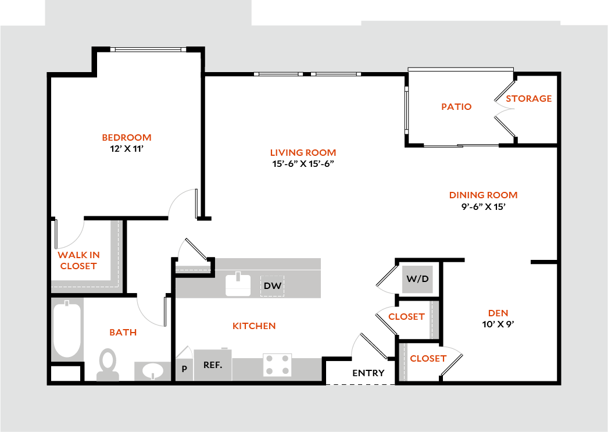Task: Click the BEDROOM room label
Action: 126,138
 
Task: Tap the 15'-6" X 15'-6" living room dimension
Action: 303,164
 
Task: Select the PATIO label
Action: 456,107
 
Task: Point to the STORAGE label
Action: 528,99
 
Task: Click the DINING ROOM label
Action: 482,195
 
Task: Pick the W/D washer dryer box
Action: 417,279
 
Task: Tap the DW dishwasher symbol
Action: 273,285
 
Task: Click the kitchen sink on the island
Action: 238,284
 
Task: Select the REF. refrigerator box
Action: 212,366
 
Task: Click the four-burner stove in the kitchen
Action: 277,365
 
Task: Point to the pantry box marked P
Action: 184,369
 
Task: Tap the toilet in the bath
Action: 108,364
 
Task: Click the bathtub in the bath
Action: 67,330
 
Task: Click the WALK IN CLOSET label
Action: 78,260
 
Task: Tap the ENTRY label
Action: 368,373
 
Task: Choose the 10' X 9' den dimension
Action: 498,324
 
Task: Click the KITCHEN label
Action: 254,326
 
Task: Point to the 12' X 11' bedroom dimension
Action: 126,148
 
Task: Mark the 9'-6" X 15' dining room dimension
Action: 482,206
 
